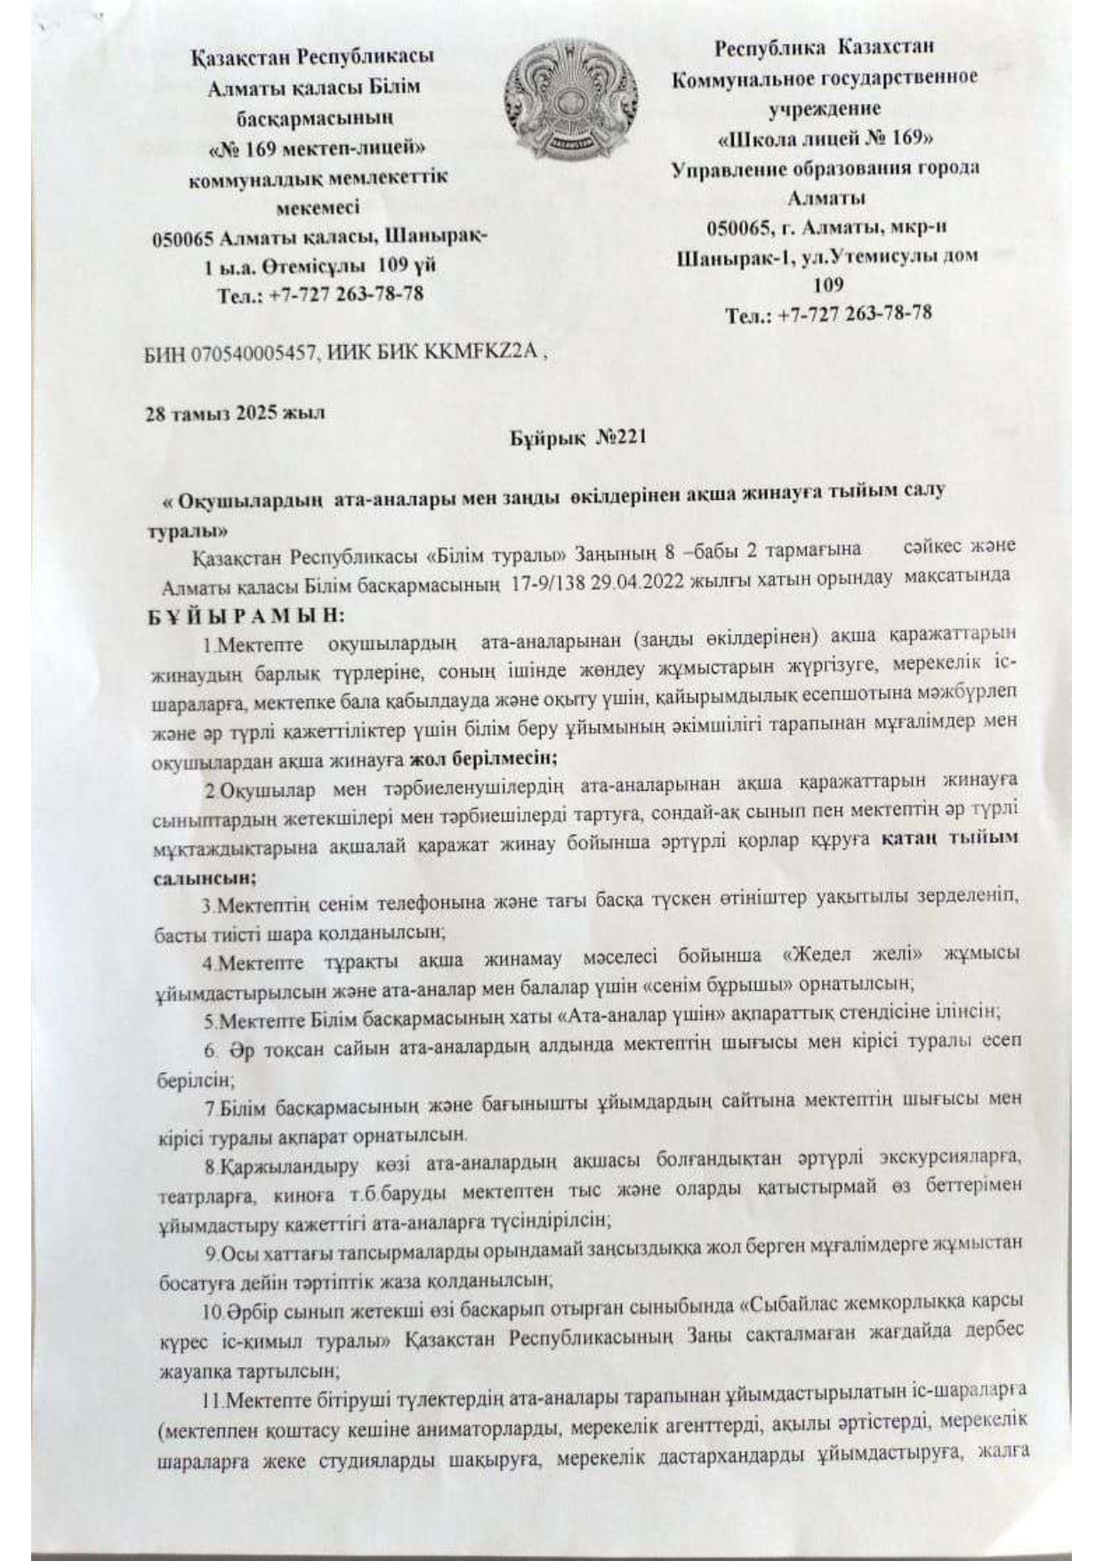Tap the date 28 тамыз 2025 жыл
coord(235,414)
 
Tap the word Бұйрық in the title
coord(544,438)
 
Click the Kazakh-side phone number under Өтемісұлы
coord(320,294)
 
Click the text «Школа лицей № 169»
coord(825,139)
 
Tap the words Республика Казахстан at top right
coord(824,46)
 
